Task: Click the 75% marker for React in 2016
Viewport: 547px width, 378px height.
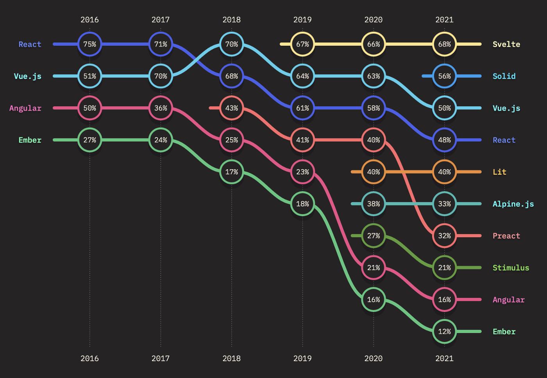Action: point(89,44)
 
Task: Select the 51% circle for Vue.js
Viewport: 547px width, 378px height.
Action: point(89,76)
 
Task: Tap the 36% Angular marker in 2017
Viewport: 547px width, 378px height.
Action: point(161,108)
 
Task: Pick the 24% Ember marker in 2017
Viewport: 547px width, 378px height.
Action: point(161,140)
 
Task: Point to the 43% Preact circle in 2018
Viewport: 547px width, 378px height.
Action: point(232,108)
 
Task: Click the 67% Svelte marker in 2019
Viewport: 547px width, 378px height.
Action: point(302,44)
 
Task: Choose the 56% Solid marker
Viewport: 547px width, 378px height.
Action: point(444,76)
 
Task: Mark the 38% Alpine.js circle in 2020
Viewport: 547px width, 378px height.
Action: point(374,204)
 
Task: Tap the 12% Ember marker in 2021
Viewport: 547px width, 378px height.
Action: point(444,331)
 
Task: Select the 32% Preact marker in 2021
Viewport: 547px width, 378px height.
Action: point(444,236)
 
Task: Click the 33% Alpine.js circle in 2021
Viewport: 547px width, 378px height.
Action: point(444,204)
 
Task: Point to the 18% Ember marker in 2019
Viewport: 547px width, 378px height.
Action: point(302,204)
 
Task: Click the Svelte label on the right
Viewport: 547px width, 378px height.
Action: point(506,44)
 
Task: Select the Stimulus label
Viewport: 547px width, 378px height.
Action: point(511,268)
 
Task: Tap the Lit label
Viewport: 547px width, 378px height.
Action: point(499,172)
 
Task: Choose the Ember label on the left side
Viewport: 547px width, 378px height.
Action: point(30,140)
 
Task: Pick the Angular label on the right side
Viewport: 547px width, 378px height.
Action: point(508,300)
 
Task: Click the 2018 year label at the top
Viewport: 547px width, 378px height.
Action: point(232,20)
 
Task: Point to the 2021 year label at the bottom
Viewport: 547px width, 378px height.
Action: point(444,358)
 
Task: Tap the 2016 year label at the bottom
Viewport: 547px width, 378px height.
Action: point(89,358)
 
